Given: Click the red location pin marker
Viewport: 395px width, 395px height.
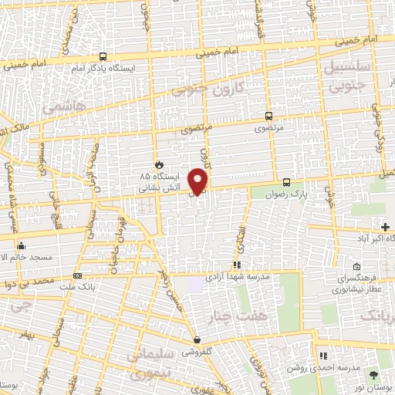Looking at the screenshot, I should click(x=199, y=181).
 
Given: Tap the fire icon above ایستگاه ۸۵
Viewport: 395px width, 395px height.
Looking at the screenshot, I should click(x=159, y=164).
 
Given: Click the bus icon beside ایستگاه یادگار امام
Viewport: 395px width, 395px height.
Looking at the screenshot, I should click(x=103, y=56).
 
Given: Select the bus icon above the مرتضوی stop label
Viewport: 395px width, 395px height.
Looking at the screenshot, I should click(x=268, y=110).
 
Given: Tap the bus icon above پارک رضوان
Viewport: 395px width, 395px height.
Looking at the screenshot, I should click(x=287, y=183).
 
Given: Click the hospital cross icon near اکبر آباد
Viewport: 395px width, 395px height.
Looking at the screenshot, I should click(x=385, y=226).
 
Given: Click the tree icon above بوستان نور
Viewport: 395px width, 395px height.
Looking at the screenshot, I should click(x=375, y=372).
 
